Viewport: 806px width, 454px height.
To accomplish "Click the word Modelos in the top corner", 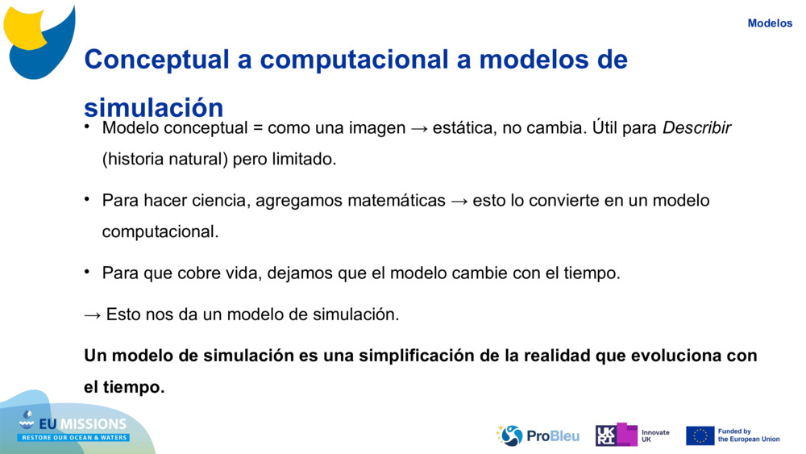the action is pyautogui.click(x=770, y=23).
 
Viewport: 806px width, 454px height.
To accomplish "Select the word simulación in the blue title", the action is pyautogui.click(x=154, y=107).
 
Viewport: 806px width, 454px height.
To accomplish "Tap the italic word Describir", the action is pyautogui.click(x=696, y=127).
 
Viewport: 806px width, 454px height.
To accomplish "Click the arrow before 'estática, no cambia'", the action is pyautogui.click(x=419, y=128).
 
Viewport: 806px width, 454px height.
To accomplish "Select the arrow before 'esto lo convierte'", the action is pyautogui.click(x=459, y=201).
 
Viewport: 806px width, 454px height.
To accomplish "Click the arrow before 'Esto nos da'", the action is pyautogui.click(x=93, y=315).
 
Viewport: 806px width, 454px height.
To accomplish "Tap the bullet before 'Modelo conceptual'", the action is pyautogui.click(x=87, y=126).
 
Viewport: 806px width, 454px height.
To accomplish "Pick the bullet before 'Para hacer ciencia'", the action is pyautogui.click(x=87, y=198).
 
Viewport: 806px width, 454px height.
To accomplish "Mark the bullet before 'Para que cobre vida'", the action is pyautogui.click(x=87, y=271).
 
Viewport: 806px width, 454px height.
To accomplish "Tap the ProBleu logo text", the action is pyautogui.click(x=553, y=436).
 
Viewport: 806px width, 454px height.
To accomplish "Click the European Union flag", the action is pyautogui.click(x=700, y=435).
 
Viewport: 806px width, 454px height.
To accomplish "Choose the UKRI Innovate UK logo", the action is pyautogui.click(x=632, y=435).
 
